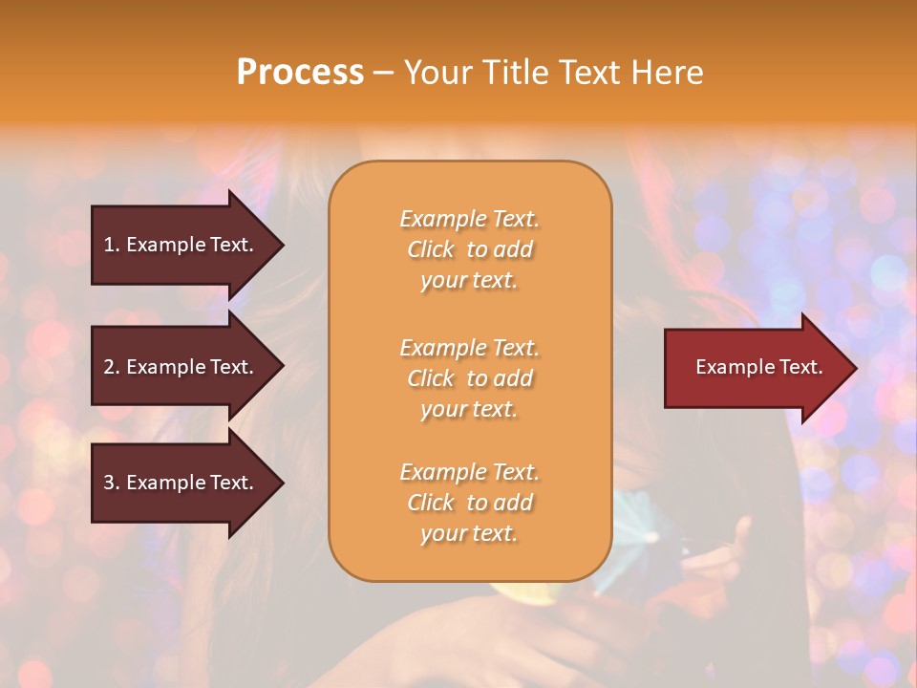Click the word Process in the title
(x=300, y=73)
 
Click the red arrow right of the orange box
(x=755, y=368)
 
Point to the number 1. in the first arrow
(x=111, y=245)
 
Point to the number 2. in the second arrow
(x=111, y=367)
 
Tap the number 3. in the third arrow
(x=111, y=483)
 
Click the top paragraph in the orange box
(x=469, y=249)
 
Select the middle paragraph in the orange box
(x=469, y=378)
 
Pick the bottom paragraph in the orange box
(x=469, y=503)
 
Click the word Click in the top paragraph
(x=431, y=249)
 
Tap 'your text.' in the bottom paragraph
(x=469, y=533)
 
